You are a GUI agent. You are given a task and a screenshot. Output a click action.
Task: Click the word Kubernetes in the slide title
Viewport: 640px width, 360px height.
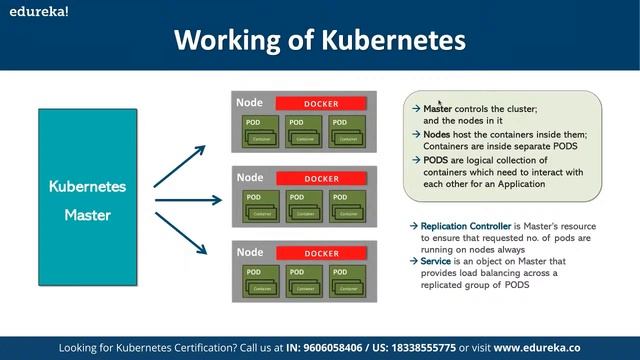(397, 40)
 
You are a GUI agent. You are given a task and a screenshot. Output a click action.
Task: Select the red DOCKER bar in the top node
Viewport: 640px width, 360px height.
(322, 104)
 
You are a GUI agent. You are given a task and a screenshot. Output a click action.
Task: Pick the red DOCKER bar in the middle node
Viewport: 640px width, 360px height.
(322, 179)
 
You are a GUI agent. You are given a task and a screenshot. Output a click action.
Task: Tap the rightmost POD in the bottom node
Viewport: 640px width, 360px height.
(349, 281)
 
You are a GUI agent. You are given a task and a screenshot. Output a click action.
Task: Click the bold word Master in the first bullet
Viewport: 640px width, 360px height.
(438, 108)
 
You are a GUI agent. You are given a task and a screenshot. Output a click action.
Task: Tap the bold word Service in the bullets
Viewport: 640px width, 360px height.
(437, 261)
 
